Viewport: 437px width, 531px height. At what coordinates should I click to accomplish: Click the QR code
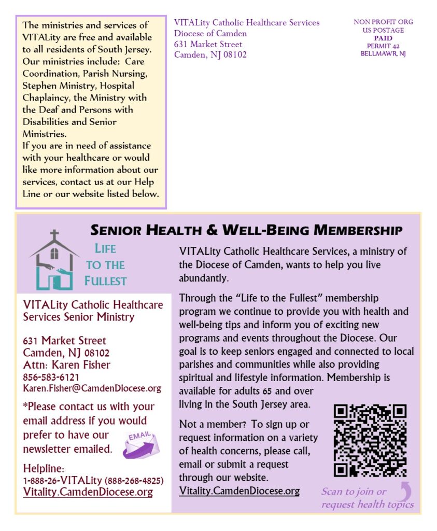(370, 441)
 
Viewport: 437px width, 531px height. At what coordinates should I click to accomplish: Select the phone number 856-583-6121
(51, 377)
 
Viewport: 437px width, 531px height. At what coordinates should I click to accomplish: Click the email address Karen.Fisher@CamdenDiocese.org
(92, 388)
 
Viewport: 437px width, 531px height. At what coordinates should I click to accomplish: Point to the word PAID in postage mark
(383, 38)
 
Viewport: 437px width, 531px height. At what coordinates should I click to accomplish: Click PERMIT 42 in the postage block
(383, 46)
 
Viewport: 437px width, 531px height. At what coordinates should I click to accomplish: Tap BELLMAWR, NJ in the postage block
(383, 54)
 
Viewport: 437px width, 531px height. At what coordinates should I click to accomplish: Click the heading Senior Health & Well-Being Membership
(246, 230)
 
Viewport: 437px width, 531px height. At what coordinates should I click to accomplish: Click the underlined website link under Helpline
(88, 492)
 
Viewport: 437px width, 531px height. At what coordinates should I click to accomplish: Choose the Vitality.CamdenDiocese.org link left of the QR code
(239, 491)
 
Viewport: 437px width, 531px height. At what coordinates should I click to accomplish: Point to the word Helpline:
(44, 469)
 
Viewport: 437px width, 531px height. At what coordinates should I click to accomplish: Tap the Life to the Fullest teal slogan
(105, 265)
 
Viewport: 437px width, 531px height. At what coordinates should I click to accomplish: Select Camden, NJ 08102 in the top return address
(210, 55)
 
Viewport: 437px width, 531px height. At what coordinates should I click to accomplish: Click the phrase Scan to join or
(354, 492)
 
